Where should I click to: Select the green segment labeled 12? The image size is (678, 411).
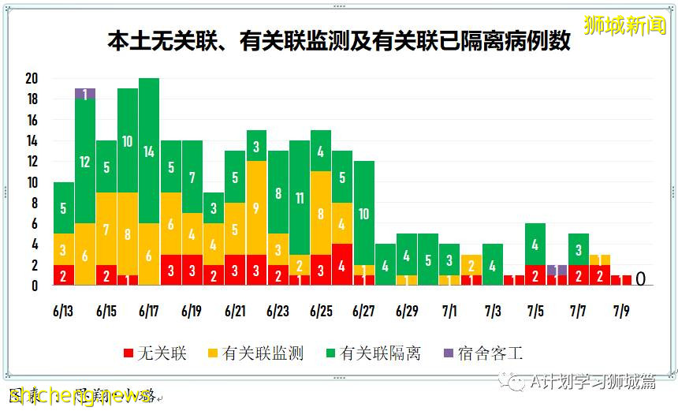(85, 161)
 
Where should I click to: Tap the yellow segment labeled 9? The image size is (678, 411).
(256, 208)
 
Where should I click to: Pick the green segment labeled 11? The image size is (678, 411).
(299, 198)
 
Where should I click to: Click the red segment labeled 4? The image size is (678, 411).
(341, 265)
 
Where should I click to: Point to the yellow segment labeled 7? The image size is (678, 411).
(106, 229)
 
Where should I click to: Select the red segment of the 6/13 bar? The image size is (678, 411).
(64, 275)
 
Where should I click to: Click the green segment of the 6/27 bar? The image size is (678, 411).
(363, 213)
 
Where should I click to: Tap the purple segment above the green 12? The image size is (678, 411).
(85, 94)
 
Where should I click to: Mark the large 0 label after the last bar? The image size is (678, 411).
(641, 279)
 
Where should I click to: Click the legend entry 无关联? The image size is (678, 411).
(155, 353)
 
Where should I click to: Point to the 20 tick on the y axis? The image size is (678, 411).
(32, 79)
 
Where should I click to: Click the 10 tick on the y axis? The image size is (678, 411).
(32, 182)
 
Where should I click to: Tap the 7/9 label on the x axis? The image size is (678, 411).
(620, 312)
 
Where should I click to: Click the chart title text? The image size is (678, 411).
(339, 41)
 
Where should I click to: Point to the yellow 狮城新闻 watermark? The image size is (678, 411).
(625, 25)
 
